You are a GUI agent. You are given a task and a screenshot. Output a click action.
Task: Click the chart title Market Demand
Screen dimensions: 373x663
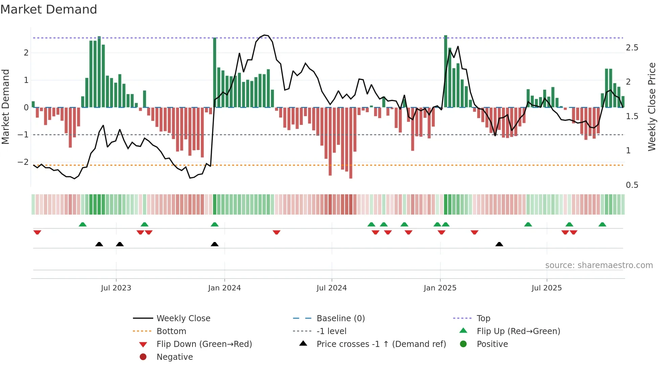[49, 9]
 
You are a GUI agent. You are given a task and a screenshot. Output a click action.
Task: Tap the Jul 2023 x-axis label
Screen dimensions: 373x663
[116, 288]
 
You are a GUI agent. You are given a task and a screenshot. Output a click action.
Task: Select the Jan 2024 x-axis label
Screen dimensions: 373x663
[224, 288]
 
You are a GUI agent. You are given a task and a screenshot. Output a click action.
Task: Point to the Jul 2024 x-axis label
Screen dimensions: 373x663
[331, 288]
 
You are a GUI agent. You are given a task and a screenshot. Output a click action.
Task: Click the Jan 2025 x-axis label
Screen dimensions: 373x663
[440, 288]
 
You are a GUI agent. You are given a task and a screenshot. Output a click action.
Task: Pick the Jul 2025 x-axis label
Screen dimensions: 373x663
[546, 288]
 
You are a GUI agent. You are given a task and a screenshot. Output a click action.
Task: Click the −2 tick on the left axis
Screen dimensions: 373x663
[23, 162]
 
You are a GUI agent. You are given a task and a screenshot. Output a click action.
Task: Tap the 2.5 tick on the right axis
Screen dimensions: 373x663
[632, 48]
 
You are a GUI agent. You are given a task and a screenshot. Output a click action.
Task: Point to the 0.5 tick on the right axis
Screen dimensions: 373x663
[632, 185]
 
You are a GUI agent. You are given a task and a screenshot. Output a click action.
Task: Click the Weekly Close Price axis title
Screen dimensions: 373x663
[652, 107]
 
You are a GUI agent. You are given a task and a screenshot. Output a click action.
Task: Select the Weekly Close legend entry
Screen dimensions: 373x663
[183, 319]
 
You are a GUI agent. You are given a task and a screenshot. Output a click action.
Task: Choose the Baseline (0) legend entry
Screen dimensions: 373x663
[340, 319]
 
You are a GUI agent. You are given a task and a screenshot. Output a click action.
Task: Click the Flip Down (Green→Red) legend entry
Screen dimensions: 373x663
[204, 344]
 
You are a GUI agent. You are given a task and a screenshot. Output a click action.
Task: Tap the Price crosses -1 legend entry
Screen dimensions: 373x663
[381, 344]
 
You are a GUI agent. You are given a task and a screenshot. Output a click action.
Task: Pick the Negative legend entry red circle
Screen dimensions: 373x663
[143, 357]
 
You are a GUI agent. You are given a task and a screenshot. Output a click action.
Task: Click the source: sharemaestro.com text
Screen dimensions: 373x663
[599, 265]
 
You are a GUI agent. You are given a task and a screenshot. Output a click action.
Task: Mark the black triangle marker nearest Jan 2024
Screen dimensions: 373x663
[214, 244]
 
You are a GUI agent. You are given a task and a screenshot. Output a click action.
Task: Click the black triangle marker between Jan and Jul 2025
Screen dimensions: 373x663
[499, 244]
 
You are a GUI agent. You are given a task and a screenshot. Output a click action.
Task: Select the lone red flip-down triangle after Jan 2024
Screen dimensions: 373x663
[276, 232]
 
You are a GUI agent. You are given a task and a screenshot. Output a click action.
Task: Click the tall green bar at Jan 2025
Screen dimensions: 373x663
[445, 71]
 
